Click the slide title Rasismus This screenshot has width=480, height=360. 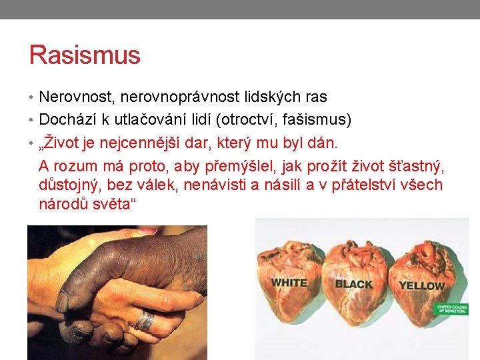click(85, 55)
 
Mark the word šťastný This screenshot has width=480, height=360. click(417, 165)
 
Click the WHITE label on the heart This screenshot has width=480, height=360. click(289, 283)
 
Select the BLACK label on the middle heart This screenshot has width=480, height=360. click(353, 284)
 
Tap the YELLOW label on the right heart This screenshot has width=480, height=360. click(421, 286)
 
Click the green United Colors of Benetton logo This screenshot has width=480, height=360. click(452, 309)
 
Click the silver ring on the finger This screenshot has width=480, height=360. click(145, 321)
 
